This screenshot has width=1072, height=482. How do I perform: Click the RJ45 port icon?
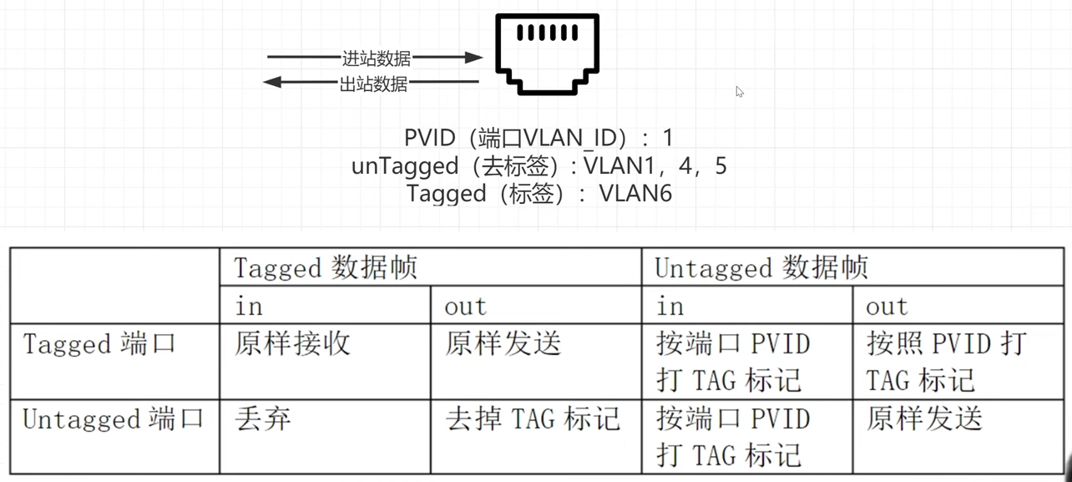(547, 53)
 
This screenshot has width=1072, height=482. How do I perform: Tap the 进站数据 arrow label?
(376, 58)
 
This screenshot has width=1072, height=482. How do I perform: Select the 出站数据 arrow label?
(373, 84)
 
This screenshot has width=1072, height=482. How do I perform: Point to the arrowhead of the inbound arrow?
(474, 58)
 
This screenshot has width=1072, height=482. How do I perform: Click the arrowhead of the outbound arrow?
(272, 82)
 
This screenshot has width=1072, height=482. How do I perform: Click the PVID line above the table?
(539, 138)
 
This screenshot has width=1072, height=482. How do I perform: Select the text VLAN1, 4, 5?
(655, 166)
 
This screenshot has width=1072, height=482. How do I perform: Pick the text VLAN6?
(635, 194)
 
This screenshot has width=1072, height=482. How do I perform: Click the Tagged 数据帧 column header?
(326, 268)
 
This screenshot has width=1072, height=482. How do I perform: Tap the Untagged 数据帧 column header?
(761, 268)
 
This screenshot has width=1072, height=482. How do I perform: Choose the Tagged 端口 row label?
(99, 344)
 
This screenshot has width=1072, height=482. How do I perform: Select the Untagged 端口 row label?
(114, 419)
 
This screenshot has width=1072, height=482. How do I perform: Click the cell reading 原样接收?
(292, 344)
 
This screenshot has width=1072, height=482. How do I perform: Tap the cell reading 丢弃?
(263, 419)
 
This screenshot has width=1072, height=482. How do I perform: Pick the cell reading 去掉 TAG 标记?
(533, 419)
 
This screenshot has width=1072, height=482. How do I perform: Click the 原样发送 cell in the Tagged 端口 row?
(503, 344)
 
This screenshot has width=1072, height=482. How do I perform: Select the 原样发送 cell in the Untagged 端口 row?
(923, 419)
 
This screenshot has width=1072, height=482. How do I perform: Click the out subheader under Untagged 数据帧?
(887, 307)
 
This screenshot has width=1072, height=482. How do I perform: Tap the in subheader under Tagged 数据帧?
(249, 307)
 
